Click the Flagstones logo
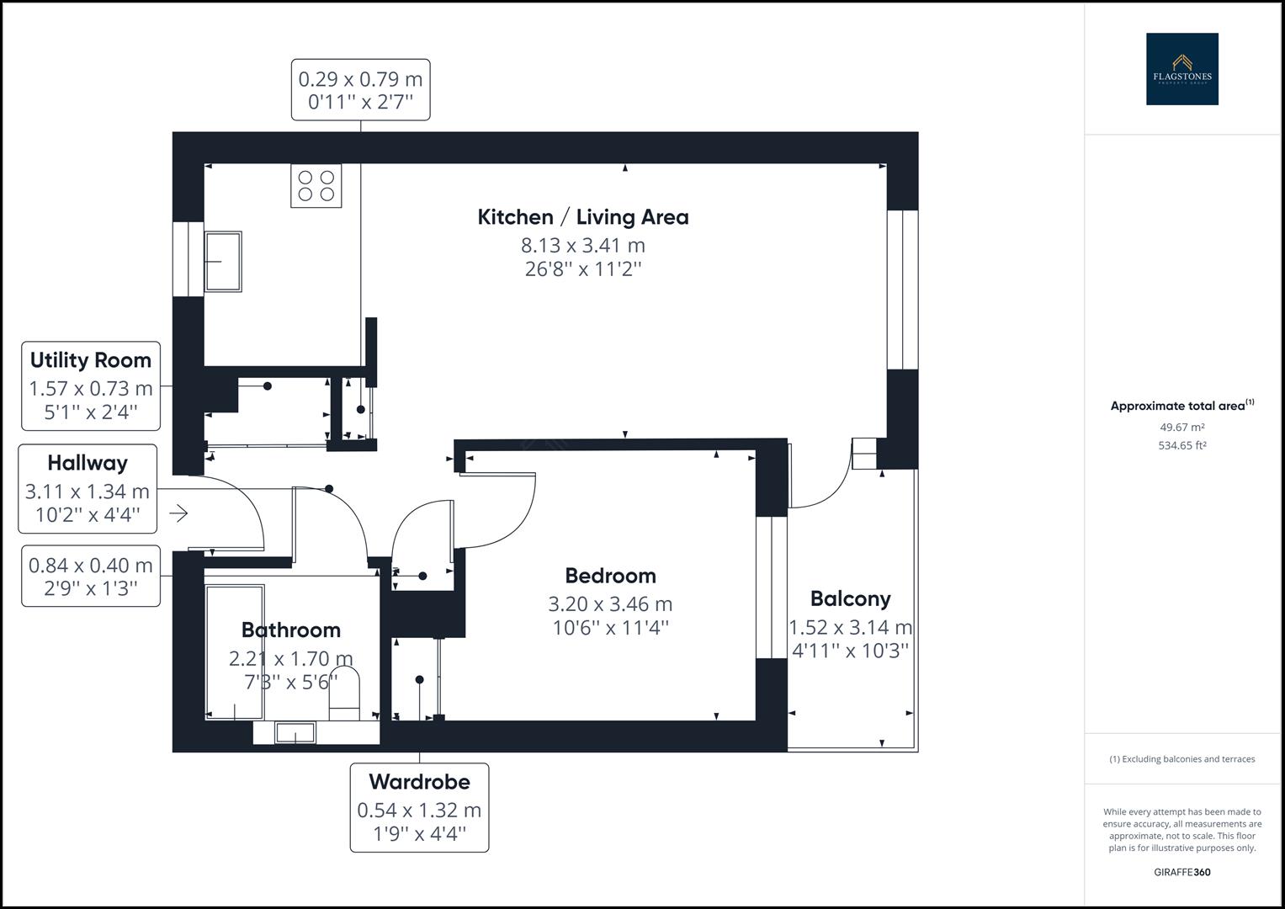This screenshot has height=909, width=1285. click(x=1181, y=69)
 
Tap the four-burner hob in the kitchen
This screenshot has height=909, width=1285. click(x=316, y=186)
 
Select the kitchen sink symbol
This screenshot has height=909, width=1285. click(x=223, y=262)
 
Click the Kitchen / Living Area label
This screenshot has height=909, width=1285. click(x=583, y=217)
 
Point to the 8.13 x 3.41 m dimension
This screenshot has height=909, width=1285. click(x=583, y=246)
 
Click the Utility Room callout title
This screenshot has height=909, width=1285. click(x=91, y=360)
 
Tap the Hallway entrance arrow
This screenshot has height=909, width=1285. click(x=178, y=513)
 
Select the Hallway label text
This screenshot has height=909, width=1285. click(x=88, y=463)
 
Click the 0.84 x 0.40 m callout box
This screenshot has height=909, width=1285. click(x=91, y=577)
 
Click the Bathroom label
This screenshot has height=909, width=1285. click(x=291, y=630)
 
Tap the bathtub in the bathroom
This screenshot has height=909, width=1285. click(x=235, y=652)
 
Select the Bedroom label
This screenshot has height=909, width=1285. click(x=610, y=576)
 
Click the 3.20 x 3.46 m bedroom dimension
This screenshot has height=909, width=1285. click(x=610, y=604)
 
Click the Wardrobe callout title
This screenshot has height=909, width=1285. click(x=419, y=782)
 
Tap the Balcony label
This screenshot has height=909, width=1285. click(x=850, y=599)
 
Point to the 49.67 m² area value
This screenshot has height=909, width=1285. click(x=1181, y=428)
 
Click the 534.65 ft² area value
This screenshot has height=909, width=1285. click(x=1181, y=446)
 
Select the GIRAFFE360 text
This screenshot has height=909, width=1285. click(x=1181, y=872)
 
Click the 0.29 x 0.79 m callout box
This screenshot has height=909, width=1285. click(x=360, y=90)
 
